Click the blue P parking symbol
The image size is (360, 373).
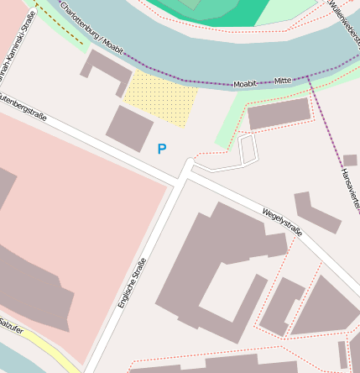point(162,149)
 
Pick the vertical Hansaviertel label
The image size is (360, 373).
point(350,188)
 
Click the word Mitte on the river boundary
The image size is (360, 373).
point(283,81)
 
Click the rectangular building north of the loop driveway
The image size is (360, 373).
point(279,113)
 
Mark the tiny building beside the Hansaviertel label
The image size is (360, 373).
point(350,160)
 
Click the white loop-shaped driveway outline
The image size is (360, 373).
point(245,154)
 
